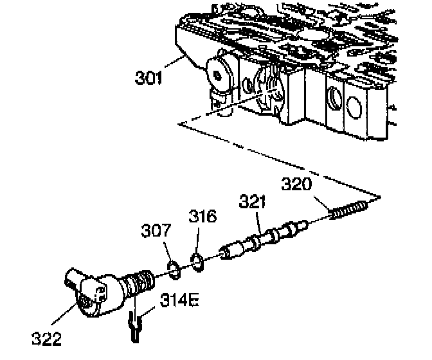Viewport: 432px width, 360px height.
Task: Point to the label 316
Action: coord(203,217)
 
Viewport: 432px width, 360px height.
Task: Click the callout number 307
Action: coord(156,228)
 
